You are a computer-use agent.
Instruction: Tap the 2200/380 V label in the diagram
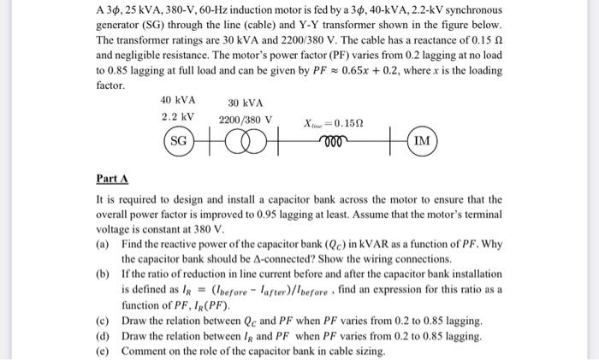(246, 120)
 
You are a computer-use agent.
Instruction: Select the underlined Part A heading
(112, 180)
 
